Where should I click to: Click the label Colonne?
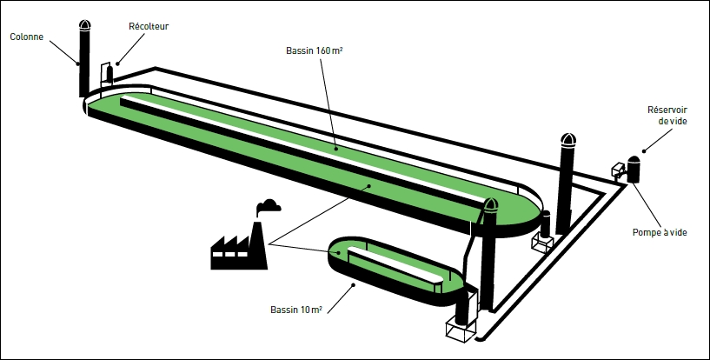[x=26, y=37]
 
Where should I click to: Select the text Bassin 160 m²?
[x=314, y=50]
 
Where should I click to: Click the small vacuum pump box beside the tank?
[x=620, y=168]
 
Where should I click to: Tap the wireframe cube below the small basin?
[x=461, y=330]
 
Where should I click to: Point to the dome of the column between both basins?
[x=490, y=207]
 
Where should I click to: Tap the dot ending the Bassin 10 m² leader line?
[x=352, y=284]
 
